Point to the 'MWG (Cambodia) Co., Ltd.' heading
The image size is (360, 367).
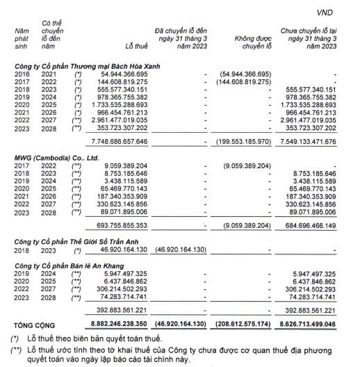pyautogui.click(x=54, y=157)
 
